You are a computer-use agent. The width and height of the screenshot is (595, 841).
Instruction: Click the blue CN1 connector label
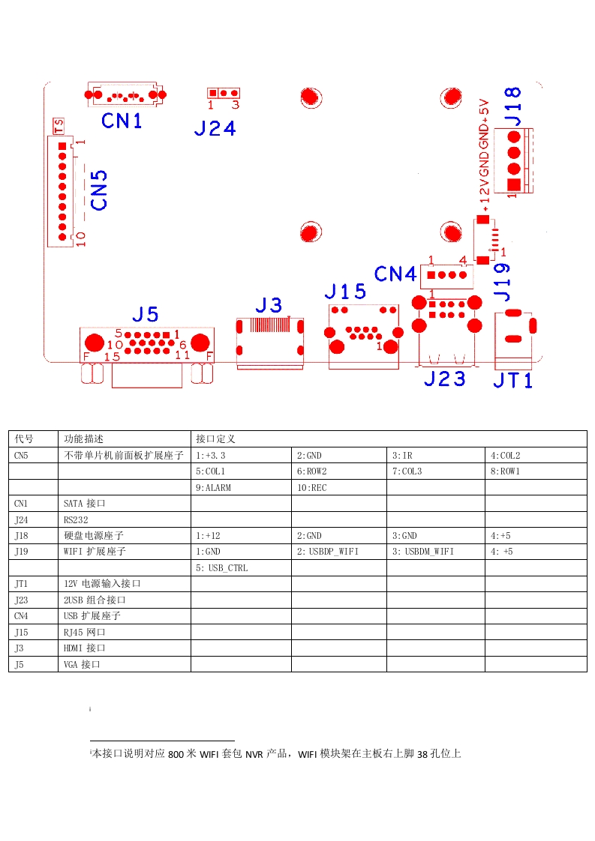122,120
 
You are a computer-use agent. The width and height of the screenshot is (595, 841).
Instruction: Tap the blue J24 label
215,128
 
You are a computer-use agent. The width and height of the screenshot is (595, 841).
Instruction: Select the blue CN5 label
99,190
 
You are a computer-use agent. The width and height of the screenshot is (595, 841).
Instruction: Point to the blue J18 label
512,106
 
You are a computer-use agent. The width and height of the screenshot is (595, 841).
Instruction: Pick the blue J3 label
269,305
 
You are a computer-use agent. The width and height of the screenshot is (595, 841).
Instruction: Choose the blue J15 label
345,291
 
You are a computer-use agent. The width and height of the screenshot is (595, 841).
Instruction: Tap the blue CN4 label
395,274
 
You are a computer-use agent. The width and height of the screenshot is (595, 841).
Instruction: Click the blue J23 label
444,379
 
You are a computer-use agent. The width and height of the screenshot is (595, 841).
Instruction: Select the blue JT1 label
513,381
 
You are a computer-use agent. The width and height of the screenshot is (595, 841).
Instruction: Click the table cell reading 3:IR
402,455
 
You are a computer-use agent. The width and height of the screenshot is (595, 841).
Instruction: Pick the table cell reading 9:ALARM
214,488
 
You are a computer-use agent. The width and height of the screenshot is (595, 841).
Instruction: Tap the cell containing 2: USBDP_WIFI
328,552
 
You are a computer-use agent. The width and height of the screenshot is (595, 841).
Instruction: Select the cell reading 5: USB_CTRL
222,568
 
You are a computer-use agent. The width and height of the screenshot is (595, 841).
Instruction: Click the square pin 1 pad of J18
513,185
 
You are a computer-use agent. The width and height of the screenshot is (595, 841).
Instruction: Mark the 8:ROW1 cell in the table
506,471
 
